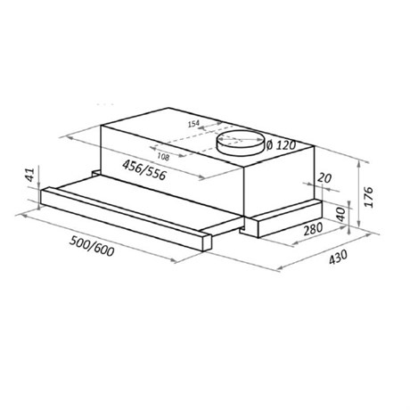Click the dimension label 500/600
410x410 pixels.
(92, 246)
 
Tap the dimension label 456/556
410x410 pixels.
(144, 169)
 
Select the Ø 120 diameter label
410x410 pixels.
(281, 145)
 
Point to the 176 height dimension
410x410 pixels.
(368, 197)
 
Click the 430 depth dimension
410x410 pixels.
(338, 257)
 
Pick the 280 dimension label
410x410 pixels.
(313, 229)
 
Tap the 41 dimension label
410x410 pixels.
(30, 175)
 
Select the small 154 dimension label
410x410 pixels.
(193, 124)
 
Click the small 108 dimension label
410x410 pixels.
(163, 156)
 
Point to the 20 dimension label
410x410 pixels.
(324, 178)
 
